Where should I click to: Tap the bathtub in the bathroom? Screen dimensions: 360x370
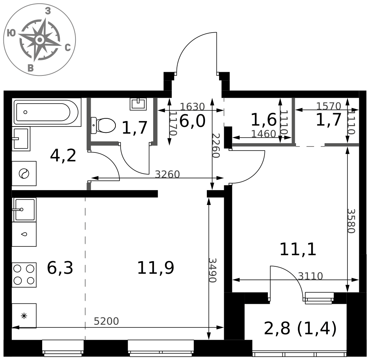tap(46, 112)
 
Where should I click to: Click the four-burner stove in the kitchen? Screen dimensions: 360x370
tap(24, 275)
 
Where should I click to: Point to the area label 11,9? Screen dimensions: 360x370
tap(155, 268)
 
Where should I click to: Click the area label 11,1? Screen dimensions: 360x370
tap(298, 249)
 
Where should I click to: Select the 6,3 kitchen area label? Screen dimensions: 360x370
tap(60, 268)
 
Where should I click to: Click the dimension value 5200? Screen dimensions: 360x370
tap(106, 322)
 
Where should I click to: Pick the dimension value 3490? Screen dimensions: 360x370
tap(212, 270)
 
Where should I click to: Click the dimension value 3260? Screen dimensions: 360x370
tap(167, 174)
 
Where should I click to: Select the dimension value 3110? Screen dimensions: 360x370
tap(310, 276)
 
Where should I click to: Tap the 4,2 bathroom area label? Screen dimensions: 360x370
tap(63, 156)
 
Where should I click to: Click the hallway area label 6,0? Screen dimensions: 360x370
tap(192, 121)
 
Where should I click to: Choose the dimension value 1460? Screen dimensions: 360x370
tap(263, 134)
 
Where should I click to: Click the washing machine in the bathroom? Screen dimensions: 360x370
tap(24, 173)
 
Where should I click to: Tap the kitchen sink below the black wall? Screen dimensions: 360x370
tap(24, 209)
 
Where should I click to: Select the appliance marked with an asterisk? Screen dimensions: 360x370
tap(24, 316)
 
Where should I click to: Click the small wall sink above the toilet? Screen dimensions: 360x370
tap(138, 103)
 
